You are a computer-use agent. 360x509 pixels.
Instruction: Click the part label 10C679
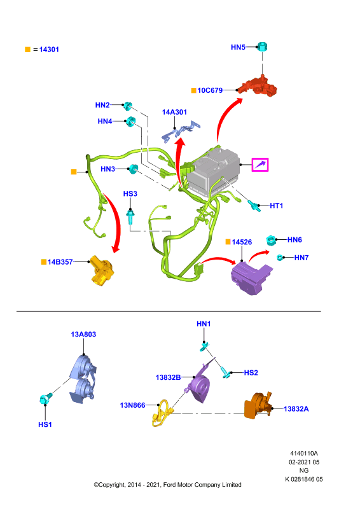210,90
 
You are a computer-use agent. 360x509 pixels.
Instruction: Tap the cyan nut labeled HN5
262,46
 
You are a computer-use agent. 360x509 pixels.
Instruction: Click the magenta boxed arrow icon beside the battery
260,165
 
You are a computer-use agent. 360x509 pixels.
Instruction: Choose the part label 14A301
174,113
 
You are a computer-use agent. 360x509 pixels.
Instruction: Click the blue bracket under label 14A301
181,132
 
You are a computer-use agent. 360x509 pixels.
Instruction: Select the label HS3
130,194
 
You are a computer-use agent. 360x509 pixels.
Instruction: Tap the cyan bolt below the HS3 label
130,216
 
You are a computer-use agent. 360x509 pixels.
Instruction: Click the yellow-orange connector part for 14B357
100,270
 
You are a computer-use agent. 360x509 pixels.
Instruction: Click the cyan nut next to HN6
271,241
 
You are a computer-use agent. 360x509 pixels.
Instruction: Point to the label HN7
301,258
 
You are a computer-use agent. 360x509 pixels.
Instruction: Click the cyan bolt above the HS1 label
45,398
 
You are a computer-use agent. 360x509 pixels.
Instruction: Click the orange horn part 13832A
258,406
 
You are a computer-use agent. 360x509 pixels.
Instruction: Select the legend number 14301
49,50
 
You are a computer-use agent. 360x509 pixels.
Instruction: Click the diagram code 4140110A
304,453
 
